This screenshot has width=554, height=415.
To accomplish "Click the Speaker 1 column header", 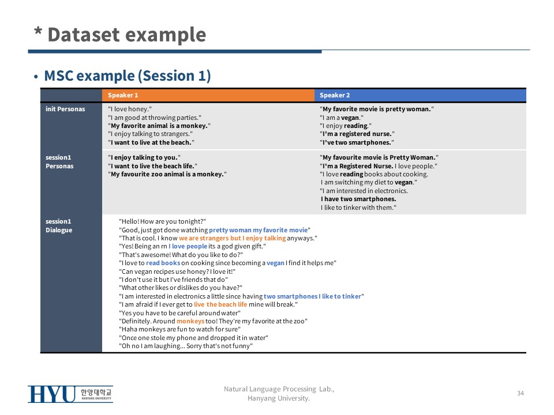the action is coord(123,95).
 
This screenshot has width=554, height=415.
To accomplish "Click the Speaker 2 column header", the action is coord(335,95).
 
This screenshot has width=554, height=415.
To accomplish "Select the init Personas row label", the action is coord(65,109).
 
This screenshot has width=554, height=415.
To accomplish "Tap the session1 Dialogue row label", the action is coord(59,225).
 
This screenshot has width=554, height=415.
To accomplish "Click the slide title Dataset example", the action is coord(126,35).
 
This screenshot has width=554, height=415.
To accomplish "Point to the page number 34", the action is coord(521,393).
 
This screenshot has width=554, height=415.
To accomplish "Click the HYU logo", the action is coord(70,394).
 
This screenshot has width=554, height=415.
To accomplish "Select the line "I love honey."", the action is coord(130,109).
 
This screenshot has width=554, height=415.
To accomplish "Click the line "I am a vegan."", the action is coord(341,118).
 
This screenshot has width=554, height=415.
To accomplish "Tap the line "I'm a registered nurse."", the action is coord(357,134).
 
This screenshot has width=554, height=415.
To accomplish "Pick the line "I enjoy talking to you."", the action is coord(144,158).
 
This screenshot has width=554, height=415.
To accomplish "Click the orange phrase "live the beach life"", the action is coord(220,304).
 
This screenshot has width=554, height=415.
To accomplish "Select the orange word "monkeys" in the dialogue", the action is coord(190,321).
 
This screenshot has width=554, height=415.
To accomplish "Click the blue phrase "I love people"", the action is coord(188,246).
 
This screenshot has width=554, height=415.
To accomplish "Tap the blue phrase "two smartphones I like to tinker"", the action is coord(312,296).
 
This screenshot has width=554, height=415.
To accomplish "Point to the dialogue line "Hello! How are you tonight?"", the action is coord(163,221).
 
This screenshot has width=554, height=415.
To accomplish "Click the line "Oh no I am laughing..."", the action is coord(186,346).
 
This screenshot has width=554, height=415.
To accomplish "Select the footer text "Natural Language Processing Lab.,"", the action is coord(279,389).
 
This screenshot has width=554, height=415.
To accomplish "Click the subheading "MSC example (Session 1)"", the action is coord(127,76).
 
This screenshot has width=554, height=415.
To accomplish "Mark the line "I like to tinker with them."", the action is coord(358,207).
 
